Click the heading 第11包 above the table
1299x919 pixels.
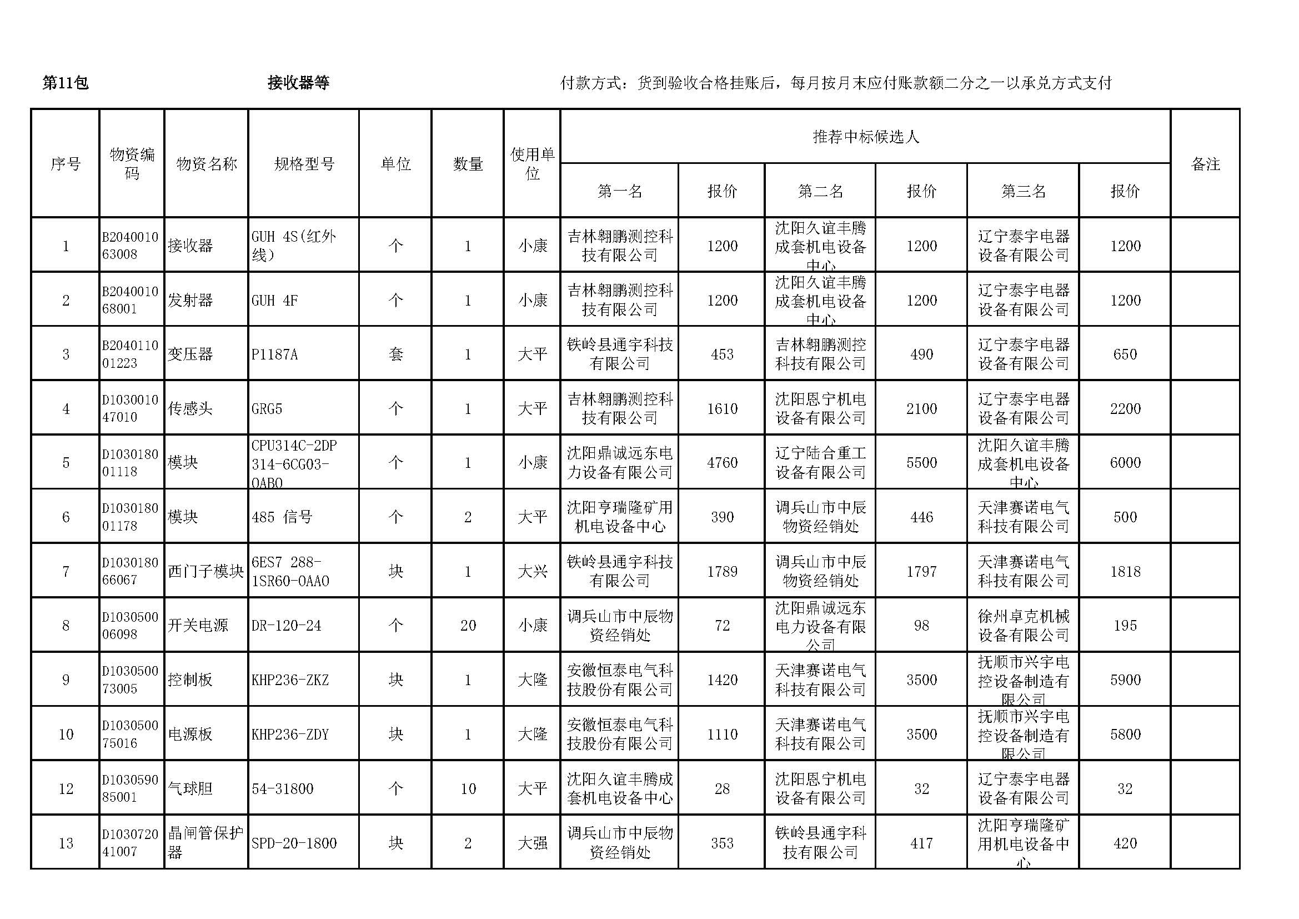pyautogui.click(x=66, y=83)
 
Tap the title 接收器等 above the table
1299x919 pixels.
pyautogui.click(x=298, y=83)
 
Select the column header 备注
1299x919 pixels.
pyautogui.click(x=1205, y=164)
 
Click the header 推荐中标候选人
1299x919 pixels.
pyautogui.click(x=866, y=137)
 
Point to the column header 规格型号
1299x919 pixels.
pyautogui.click(x=304, y=164)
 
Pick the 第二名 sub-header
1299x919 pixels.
pyautogui.click(x=820, y=191)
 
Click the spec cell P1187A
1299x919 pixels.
pyautogui.click(x=274, y=355)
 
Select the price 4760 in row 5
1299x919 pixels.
pyautogui.click(x=722, y=463)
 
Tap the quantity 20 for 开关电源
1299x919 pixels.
pyautogui.click(x=468, y=625)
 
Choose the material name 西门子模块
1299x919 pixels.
pyautogui.click(x=205, y=572)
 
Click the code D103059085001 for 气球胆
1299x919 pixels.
pyautogui.click(x=130, y=788)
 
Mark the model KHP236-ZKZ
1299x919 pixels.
pyautogui.click(x=290, y=680)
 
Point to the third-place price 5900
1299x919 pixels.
pyautogui.click(x=1125, y=680)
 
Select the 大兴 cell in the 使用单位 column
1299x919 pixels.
pyautogui.click(x=533, y=572)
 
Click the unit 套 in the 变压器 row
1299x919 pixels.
pyautogui.click(x=395, y=355)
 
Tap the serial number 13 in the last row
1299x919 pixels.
pyautogui.click(x=66, y=843)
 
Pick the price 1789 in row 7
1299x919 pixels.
pyautogui.click(x=722, y=572)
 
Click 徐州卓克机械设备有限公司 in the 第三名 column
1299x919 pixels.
pyautogui.click(x=1024, y=625)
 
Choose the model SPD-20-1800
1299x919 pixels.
pyautogui.click(x=294, y=843)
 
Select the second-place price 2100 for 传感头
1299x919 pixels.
pyautogui.click(x=922, y=408)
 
